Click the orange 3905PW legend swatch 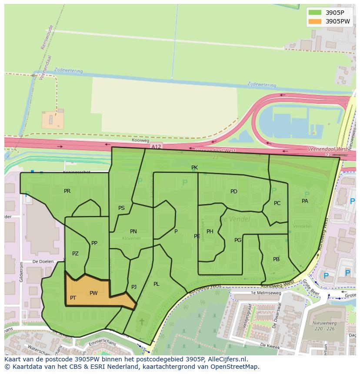tap(315, 21)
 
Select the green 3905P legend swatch tap(315, 12)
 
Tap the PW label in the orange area tap(93, 293)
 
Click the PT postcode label tap(73, 298)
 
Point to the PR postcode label tap(67, 191)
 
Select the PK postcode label tap(194, 168)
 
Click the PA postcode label tap(305, 201)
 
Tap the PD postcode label tap(234, 192)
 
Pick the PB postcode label tap(276, 259)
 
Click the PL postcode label tap(156, 284)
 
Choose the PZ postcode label tap(75, 254)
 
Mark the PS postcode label tap(121, 208)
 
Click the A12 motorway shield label tap(156, 147)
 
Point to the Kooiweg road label tap(140, 141)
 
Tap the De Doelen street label tap(43, 262)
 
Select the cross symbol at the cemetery tap(141, 322)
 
